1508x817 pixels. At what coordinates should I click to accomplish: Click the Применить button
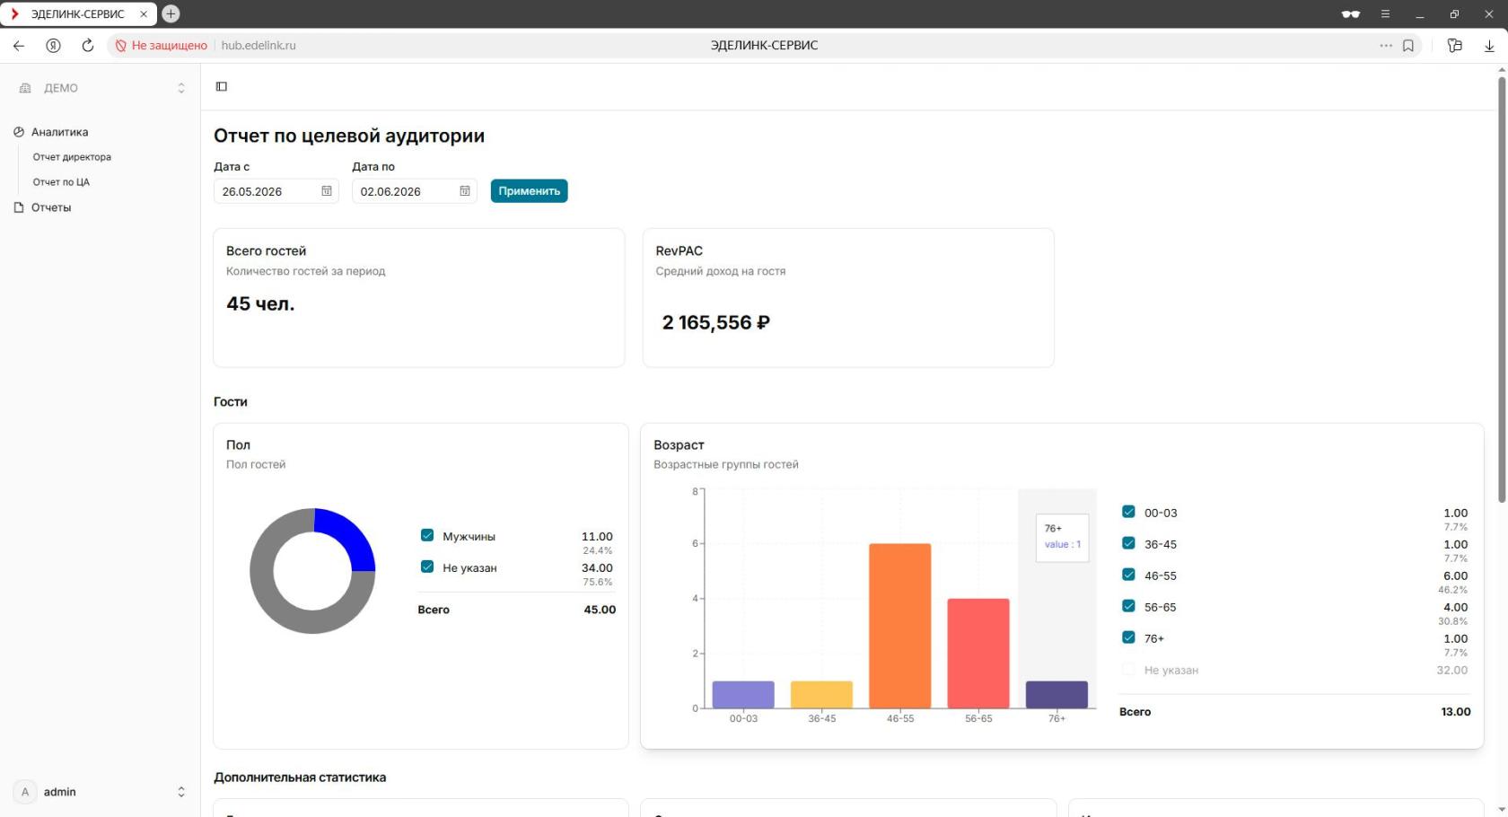tap(529, 190)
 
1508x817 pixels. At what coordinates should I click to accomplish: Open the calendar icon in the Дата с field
tap(327, 190)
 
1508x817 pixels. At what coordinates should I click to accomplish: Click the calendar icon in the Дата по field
tap(465, 190)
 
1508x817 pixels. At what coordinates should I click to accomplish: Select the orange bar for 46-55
tap(899, 626)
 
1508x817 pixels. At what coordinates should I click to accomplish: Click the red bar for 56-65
tap(978, 654)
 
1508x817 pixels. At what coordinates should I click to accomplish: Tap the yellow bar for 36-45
tap(821, 694)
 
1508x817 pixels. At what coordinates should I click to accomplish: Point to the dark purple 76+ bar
tap(1056, 694)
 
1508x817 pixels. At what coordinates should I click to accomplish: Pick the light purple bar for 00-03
tap(743, 694)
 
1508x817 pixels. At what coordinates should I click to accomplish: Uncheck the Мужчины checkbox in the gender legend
tap(427, 535)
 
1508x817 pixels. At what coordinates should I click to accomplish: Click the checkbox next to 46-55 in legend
tap(1128, 575)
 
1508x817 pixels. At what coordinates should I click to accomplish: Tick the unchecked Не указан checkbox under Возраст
tap(1128, 669)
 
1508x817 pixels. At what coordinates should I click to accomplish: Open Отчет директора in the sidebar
tap(72, 157)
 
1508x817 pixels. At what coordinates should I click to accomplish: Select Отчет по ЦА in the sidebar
tap(61, 182)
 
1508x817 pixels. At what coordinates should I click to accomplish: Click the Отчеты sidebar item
tap(51, 207)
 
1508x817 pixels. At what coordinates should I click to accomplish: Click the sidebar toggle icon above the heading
tap(222, 86)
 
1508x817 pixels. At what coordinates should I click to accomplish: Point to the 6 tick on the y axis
tap(695, 543)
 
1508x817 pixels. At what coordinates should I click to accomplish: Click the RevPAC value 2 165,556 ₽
tap(715, 322)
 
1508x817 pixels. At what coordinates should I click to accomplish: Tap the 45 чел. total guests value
tap(260, 303)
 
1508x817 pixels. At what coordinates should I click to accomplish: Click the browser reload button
tap(88, 45)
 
